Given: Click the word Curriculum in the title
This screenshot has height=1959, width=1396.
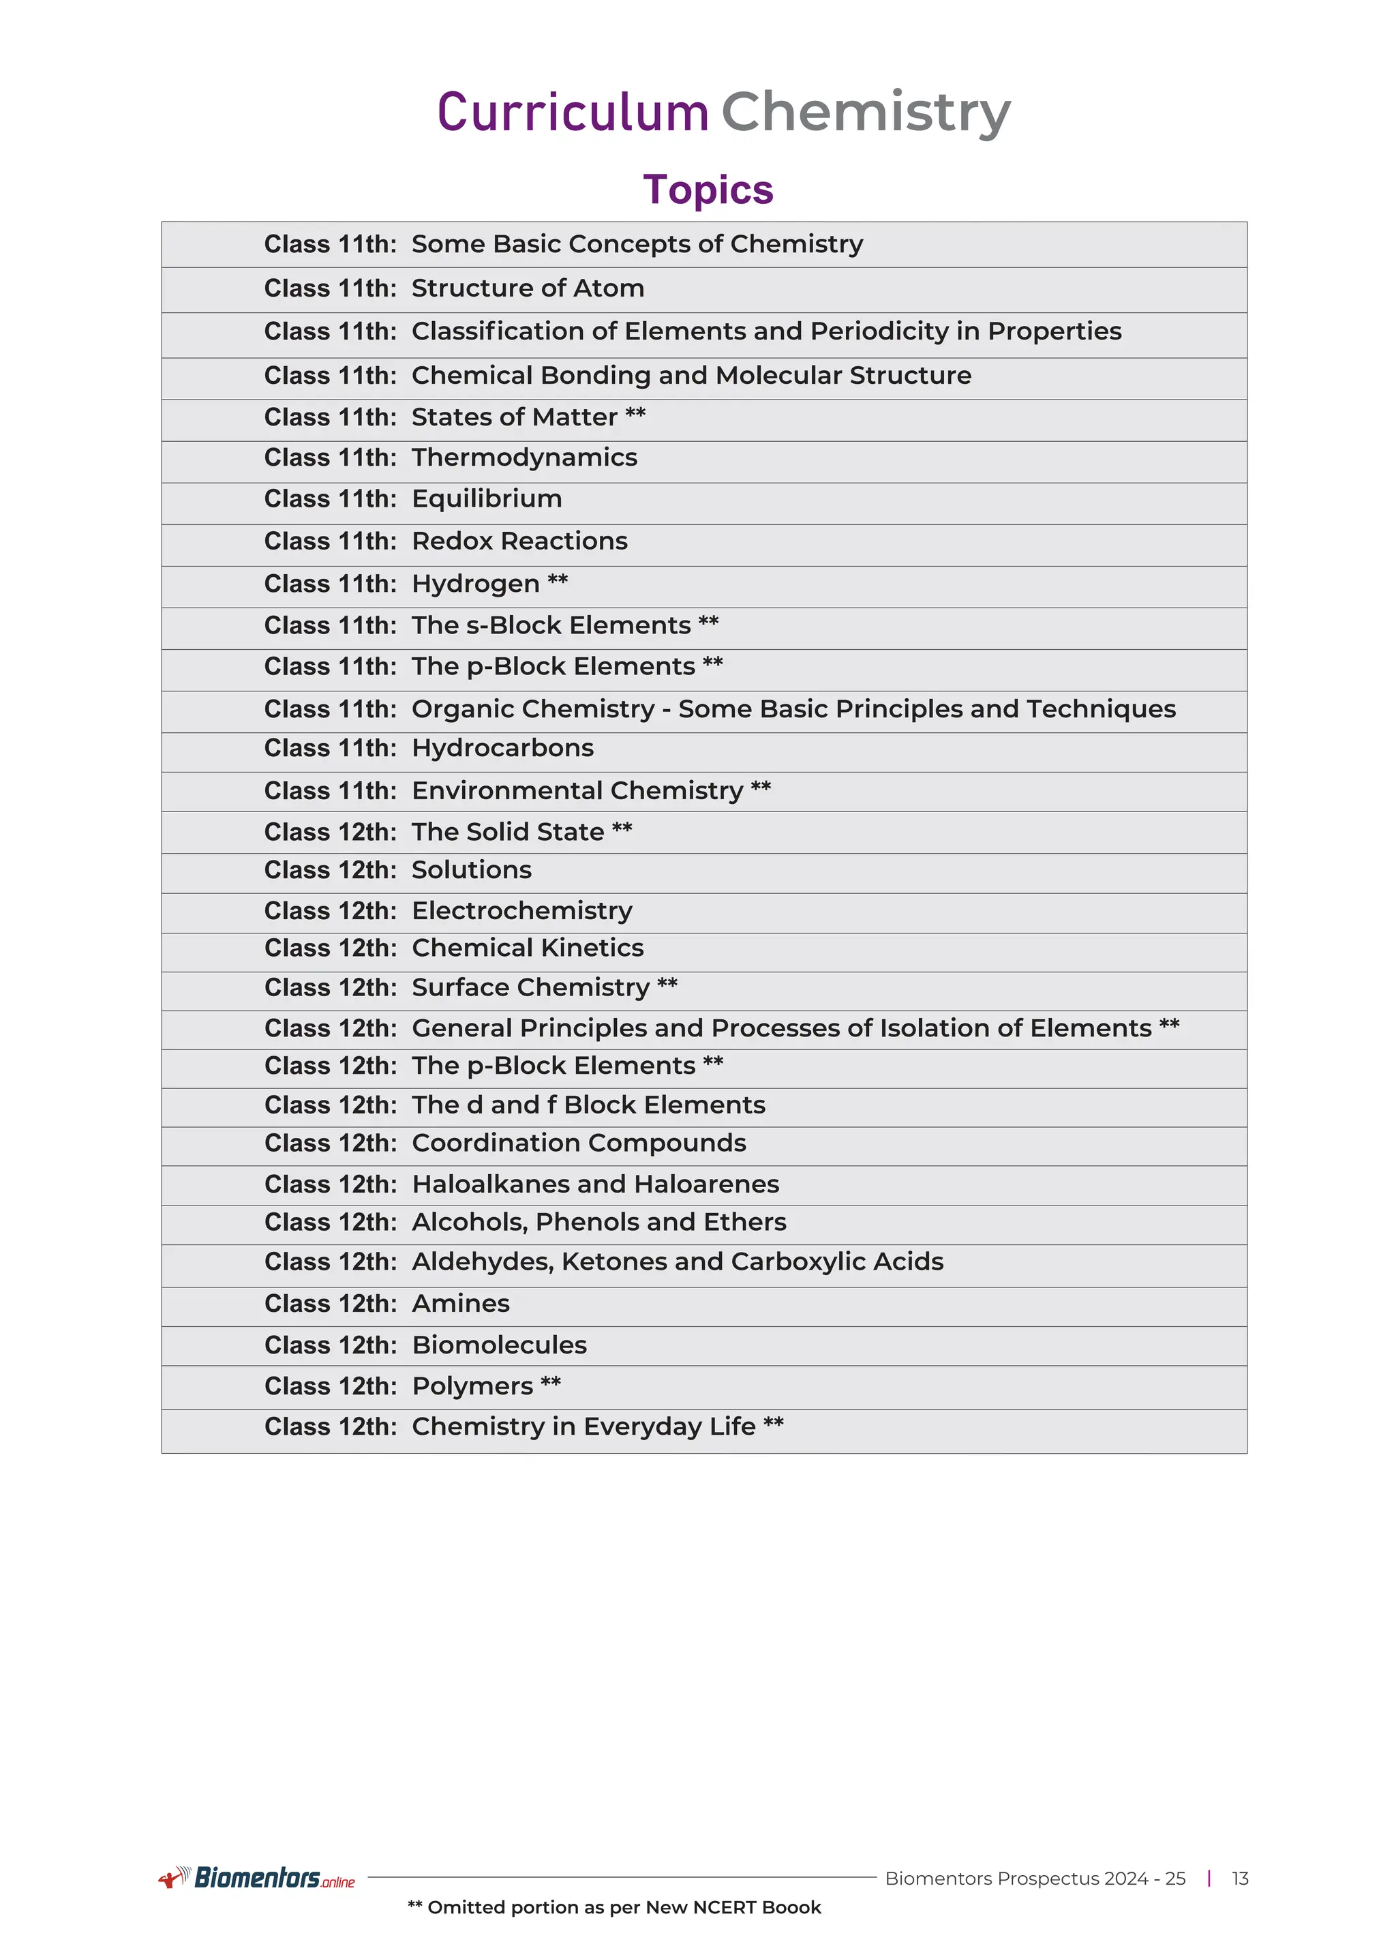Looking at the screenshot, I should pyautogui.click(x=573, y=113).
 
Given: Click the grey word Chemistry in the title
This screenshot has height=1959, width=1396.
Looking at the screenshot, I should pyautogui.click(x=866, y=113).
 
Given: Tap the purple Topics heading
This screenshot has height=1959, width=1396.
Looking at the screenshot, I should pyautogui.click(x=708, y=190).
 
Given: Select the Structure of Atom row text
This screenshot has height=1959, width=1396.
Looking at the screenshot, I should pyautogui.click(x=527, y=288).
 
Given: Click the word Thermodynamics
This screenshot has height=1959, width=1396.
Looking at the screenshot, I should pyautogui.click(x=524, y=458).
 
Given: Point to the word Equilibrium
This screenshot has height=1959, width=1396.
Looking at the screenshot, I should pyautogui.click(x=487, y=498).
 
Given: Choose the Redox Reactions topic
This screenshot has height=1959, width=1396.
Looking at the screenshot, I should pyautogui.click(x=519, y=541).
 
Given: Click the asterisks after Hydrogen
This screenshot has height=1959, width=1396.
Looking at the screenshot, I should pyautogui.click(x=558, y=580).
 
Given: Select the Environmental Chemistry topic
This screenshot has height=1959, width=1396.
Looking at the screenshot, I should pyautogui.click(x=577, y=790).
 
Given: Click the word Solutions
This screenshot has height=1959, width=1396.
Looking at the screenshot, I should pyautogui.click(x=471, y=870).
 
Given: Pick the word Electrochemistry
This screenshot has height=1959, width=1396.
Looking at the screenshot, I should pyautogui.click(x=521, y=911).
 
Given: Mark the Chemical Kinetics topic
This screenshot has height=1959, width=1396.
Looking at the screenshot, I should pyautogui.click(x=527, y=948).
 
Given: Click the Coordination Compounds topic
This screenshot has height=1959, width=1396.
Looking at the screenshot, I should pyautogui.click(x=579, y=1143).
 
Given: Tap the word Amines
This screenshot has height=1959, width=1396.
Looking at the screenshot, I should pyautogui.click(x=461, y=1304).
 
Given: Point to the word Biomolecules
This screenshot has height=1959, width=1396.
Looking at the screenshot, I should pyautogui.click(x=500, y=1345).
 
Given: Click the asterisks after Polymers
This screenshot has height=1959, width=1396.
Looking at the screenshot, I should pyautogui.click(x=551, y=1384).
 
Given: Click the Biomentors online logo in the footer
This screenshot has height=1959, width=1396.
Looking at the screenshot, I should pyautogui.click(x=258, y=1878).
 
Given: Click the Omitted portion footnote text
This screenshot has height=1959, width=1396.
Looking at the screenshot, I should pyautogui.click(x=613, y=1907).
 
